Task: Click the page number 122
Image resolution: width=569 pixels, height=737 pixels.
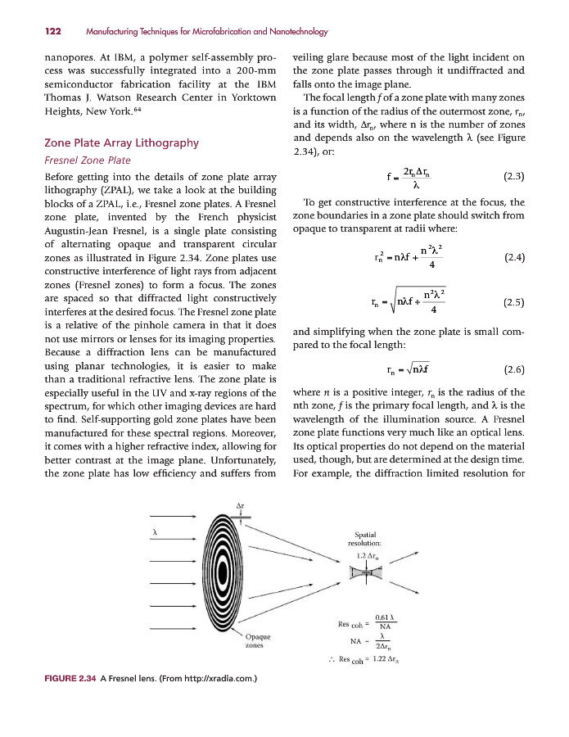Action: pos(54,32)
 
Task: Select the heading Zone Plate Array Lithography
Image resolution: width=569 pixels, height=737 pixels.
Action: pos(121,142)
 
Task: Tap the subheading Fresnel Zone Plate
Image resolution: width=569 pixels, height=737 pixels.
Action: pos(87,161)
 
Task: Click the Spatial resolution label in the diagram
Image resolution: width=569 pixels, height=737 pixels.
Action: pos(364,538)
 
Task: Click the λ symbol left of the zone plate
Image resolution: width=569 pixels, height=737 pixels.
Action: pos(156,533)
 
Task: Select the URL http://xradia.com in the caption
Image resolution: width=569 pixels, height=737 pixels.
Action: pos(211,679)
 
